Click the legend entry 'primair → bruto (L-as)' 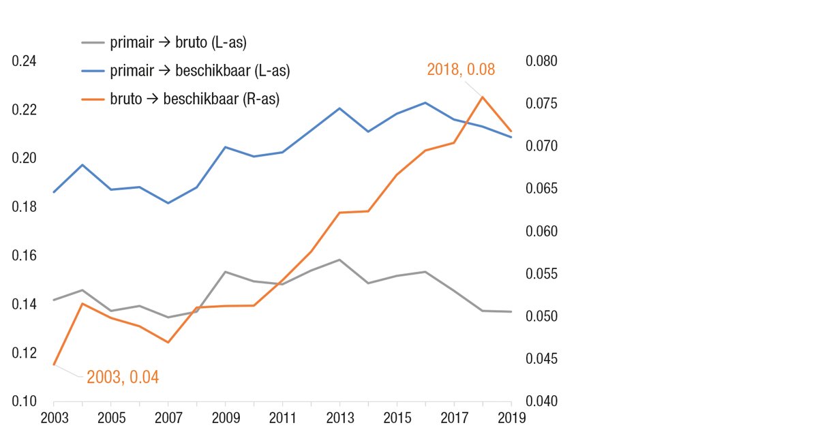tap(178, 42)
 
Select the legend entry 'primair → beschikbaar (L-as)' tap(204, 70)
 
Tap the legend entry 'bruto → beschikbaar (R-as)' tap(195, 98)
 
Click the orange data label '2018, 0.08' tap(461, 69)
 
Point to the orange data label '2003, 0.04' tap(123, 377)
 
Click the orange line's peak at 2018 tap(483, 97)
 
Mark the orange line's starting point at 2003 tap(53, 365)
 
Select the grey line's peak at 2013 tap(339, 260)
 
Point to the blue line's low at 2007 tap(168, 203)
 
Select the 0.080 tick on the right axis tap(541, 61)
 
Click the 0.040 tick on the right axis tap(541, 401)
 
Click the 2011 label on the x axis tap(282, 417)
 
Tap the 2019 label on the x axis tap(511, 417)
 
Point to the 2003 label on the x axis tap(53, 417)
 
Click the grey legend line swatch tap(92, 42)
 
